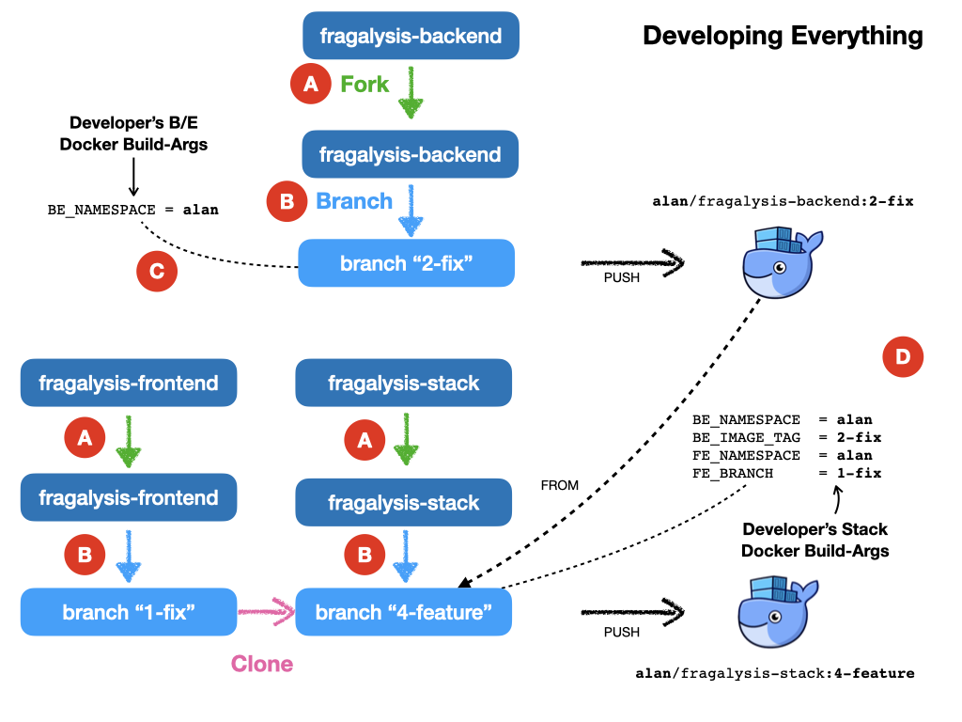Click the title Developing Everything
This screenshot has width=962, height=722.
783,36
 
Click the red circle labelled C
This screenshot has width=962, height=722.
157,271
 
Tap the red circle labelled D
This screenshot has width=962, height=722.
903,356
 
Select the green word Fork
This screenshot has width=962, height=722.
365,84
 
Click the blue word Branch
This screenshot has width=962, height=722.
354,201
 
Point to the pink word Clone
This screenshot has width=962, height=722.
262,664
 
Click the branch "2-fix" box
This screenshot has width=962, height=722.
406,263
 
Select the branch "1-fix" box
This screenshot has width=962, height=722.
129,612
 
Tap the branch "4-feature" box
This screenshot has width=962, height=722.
404,612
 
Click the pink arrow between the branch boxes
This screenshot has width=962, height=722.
267,611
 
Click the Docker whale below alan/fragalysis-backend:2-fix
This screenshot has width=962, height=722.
782,263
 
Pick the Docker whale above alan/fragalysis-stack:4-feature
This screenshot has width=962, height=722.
777,611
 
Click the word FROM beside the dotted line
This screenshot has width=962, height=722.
560,486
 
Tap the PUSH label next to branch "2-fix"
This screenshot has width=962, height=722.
622,277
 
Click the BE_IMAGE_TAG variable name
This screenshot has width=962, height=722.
746,438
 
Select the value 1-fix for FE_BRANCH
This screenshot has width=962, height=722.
859,474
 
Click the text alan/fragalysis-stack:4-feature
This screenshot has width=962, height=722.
775,673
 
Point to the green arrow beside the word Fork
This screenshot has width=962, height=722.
411,92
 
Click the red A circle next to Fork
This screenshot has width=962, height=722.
311,84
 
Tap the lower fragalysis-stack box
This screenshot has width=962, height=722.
404,502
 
